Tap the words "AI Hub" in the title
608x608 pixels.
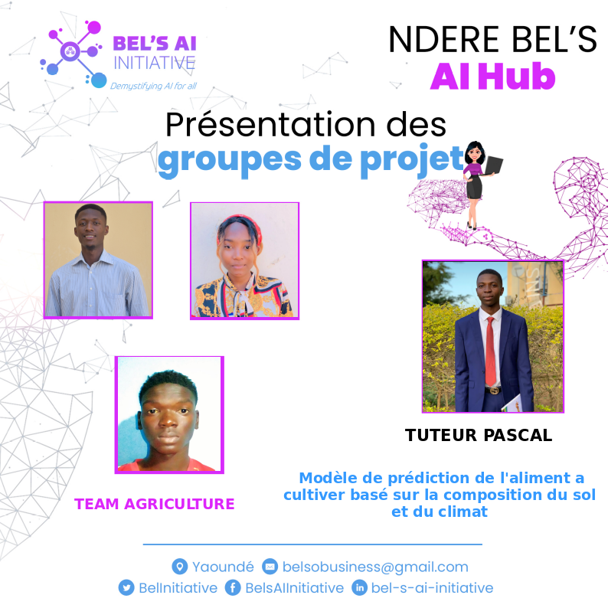(x=492, y=76)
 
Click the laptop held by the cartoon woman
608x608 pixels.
(x=494, y=164)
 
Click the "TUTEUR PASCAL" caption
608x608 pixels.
(x=479, y=435)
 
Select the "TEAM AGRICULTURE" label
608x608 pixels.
(x=154, y=503)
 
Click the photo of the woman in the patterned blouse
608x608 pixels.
(x=244, y=260)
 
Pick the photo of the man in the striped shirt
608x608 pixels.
(x=98, y=260)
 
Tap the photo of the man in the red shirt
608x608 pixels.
(x=169, y=414)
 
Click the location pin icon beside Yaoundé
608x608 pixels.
(x=180, y=567)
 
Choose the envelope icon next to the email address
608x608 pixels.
(x=270, y=567)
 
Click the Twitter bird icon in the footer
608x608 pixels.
(x=126, y=588)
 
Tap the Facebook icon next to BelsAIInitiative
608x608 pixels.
(x=233, y=588)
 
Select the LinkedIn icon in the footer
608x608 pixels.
(x=359, y=588)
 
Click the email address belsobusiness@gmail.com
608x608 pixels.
(x=375, y=567)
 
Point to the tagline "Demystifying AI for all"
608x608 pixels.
(x=153, y=86)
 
